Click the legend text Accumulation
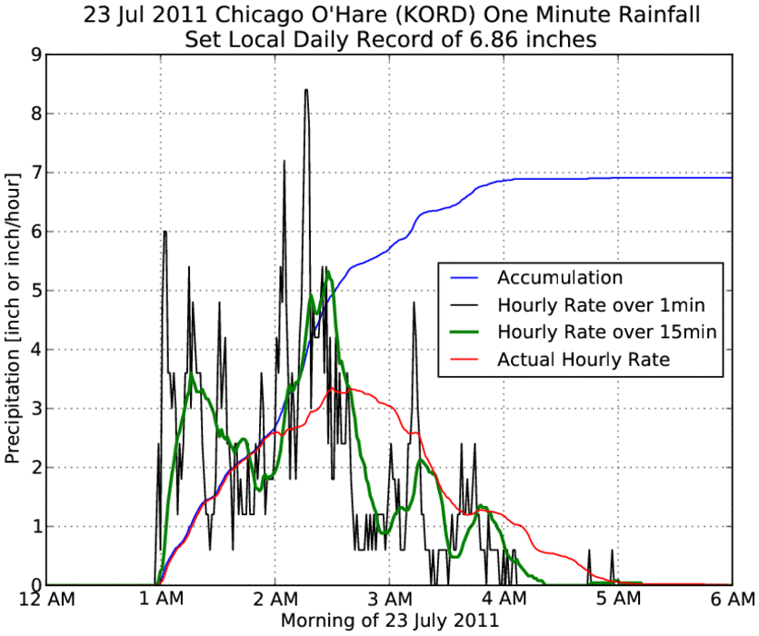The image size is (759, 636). (558, 277)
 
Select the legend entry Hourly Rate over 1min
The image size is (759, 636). (601, 304)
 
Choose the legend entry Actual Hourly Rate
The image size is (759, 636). (584, 360)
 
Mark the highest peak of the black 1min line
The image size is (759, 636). (306, 90)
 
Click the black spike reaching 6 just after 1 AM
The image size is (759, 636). (165, 232)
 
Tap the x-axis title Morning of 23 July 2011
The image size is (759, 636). (389, 621)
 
